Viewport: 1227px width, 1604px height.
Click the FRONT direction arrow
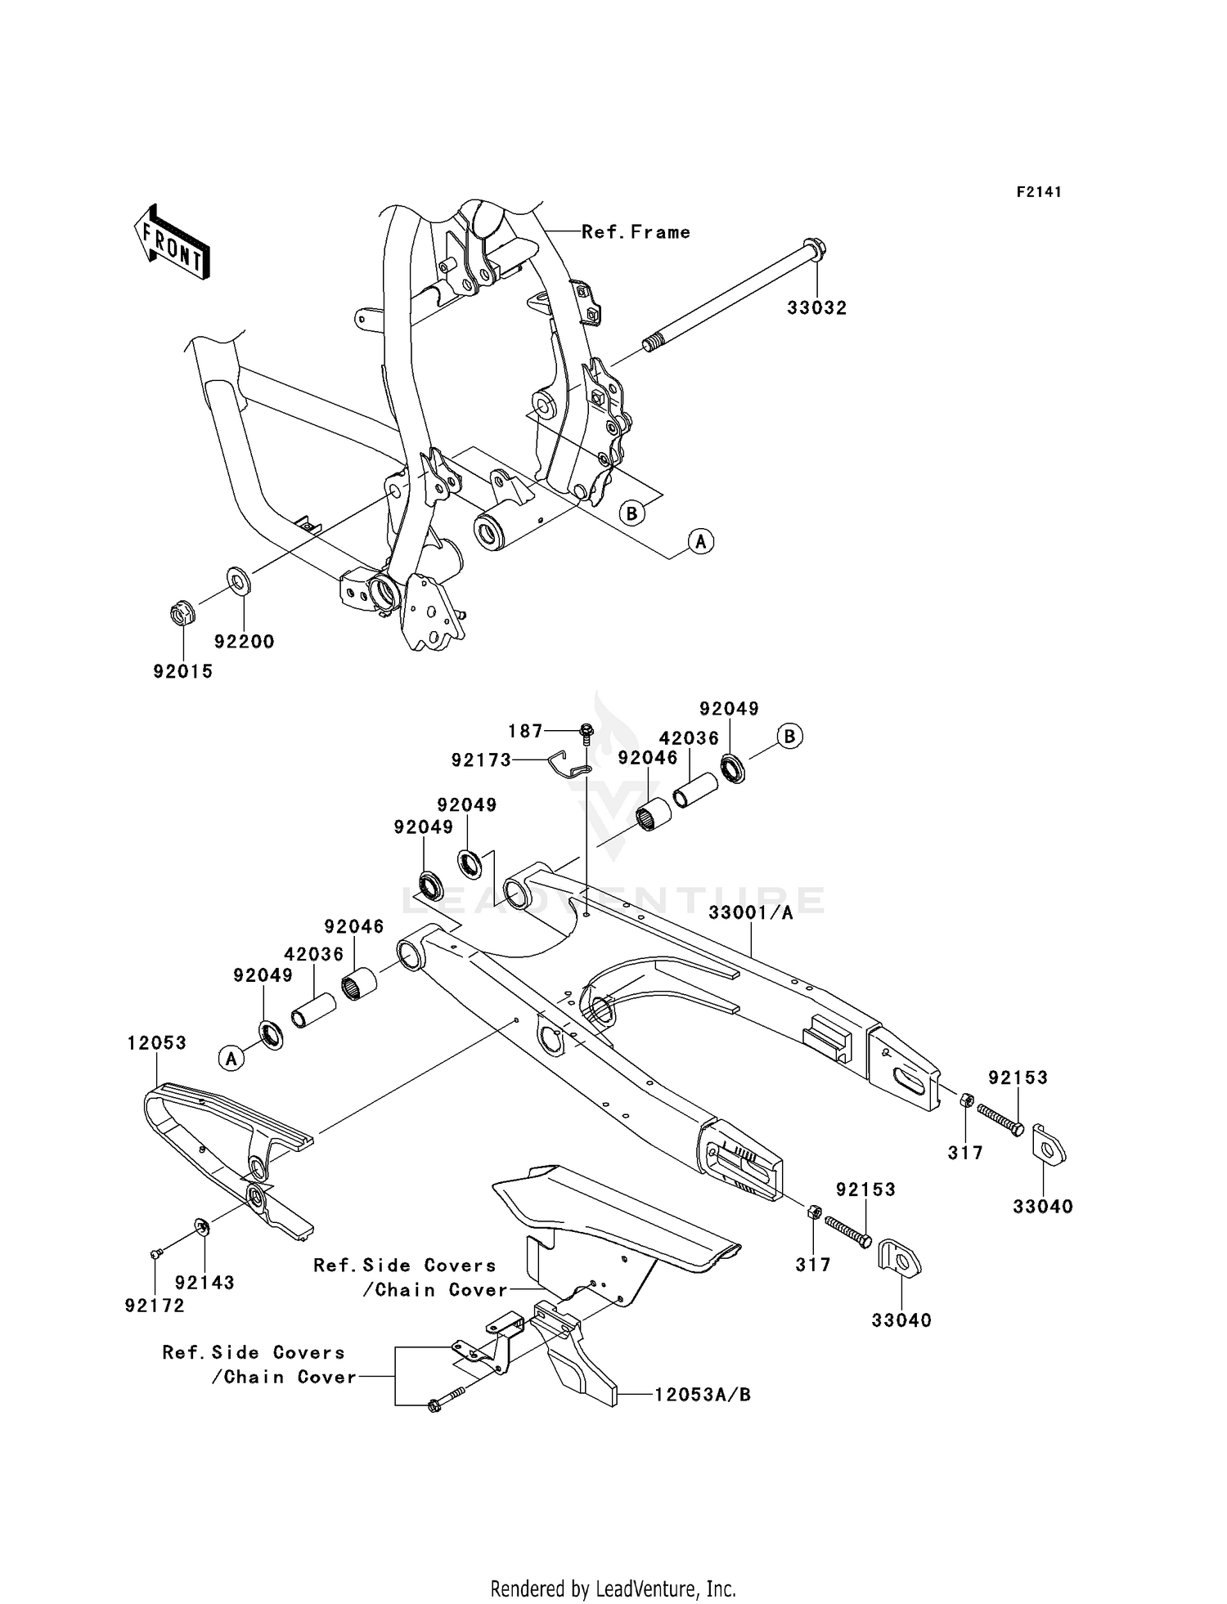pos(172,243)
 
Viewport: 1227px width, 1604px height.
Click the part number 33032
pos(816,308)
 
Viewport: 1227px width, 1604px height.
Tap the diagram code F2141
pos(1039,192)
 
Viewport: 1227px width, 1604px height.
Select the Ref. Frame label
pos(636,232)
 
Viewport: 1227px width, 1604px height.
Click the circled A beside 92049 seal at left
pos(231,1059)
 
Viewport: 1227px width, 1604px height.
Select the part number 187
pos(525,731)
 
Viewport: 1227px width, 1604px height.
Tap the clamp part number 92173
pos(481,760)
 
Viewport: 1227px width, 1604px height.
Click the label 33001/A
pos(750,913)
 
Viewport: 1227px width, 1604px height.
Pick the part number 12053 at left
pos(157,1043)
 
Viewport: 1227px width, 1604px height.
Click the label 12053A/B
pos(702,1395)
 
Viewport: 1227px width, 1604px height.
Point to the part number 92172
pos(155,1306)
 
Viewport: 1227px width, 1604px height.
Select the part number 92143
pos(204,1283)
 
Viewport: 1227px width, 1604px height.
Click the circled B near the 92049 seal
pos(789,737)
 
